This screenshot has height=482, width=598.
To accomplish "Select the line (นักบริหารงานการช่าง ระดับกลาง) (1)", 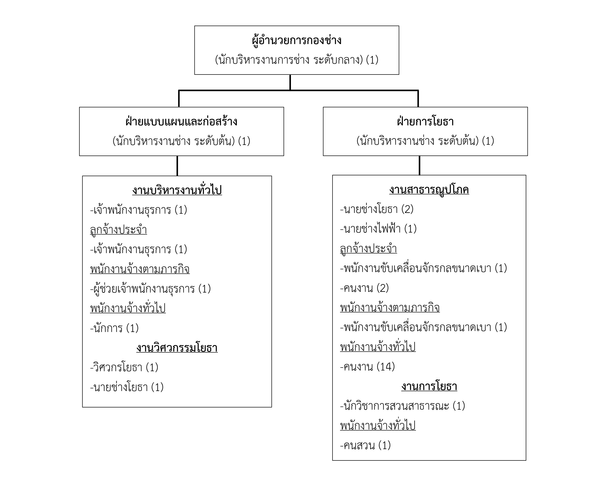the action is (296, 60).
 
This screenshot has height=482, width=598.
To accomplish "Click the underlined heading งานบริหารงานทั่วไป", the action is (177, 190).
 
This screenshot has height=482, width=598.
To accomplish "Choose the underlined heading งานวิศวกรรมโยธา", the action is (177, 348).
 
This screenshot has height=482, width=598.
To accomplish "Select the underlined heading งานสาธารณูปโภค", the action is (429, 190).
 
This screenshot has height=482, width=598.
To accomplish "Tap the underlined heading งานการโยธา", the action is (429, 386).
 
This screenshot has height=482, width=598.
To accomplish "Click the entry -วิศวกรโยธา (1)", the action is (124, 367).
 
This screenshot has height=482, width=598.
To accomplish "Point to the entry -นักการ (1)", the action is (114, 328).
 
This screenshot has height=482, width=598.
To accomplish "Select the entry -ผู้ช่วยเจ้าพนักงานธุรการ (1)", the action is (150, 289).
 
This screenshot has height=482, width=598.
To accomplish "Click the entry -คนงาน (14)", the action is (367, 367).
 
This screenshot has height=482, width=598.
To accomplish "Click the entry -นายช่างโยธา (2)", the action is (377, 209).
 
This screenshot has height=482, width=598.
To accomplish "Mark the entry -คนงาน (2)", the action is (364, 288).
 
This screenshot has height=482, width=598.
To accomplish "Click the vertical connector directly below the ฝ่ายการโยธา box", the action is (419, 166).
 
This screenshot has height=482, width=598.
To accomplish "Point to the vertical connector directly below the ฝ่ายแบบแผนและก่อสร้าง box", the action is (177, 166).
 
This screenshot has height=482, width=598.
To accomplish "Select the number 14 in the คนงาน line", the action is (386, 367).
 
